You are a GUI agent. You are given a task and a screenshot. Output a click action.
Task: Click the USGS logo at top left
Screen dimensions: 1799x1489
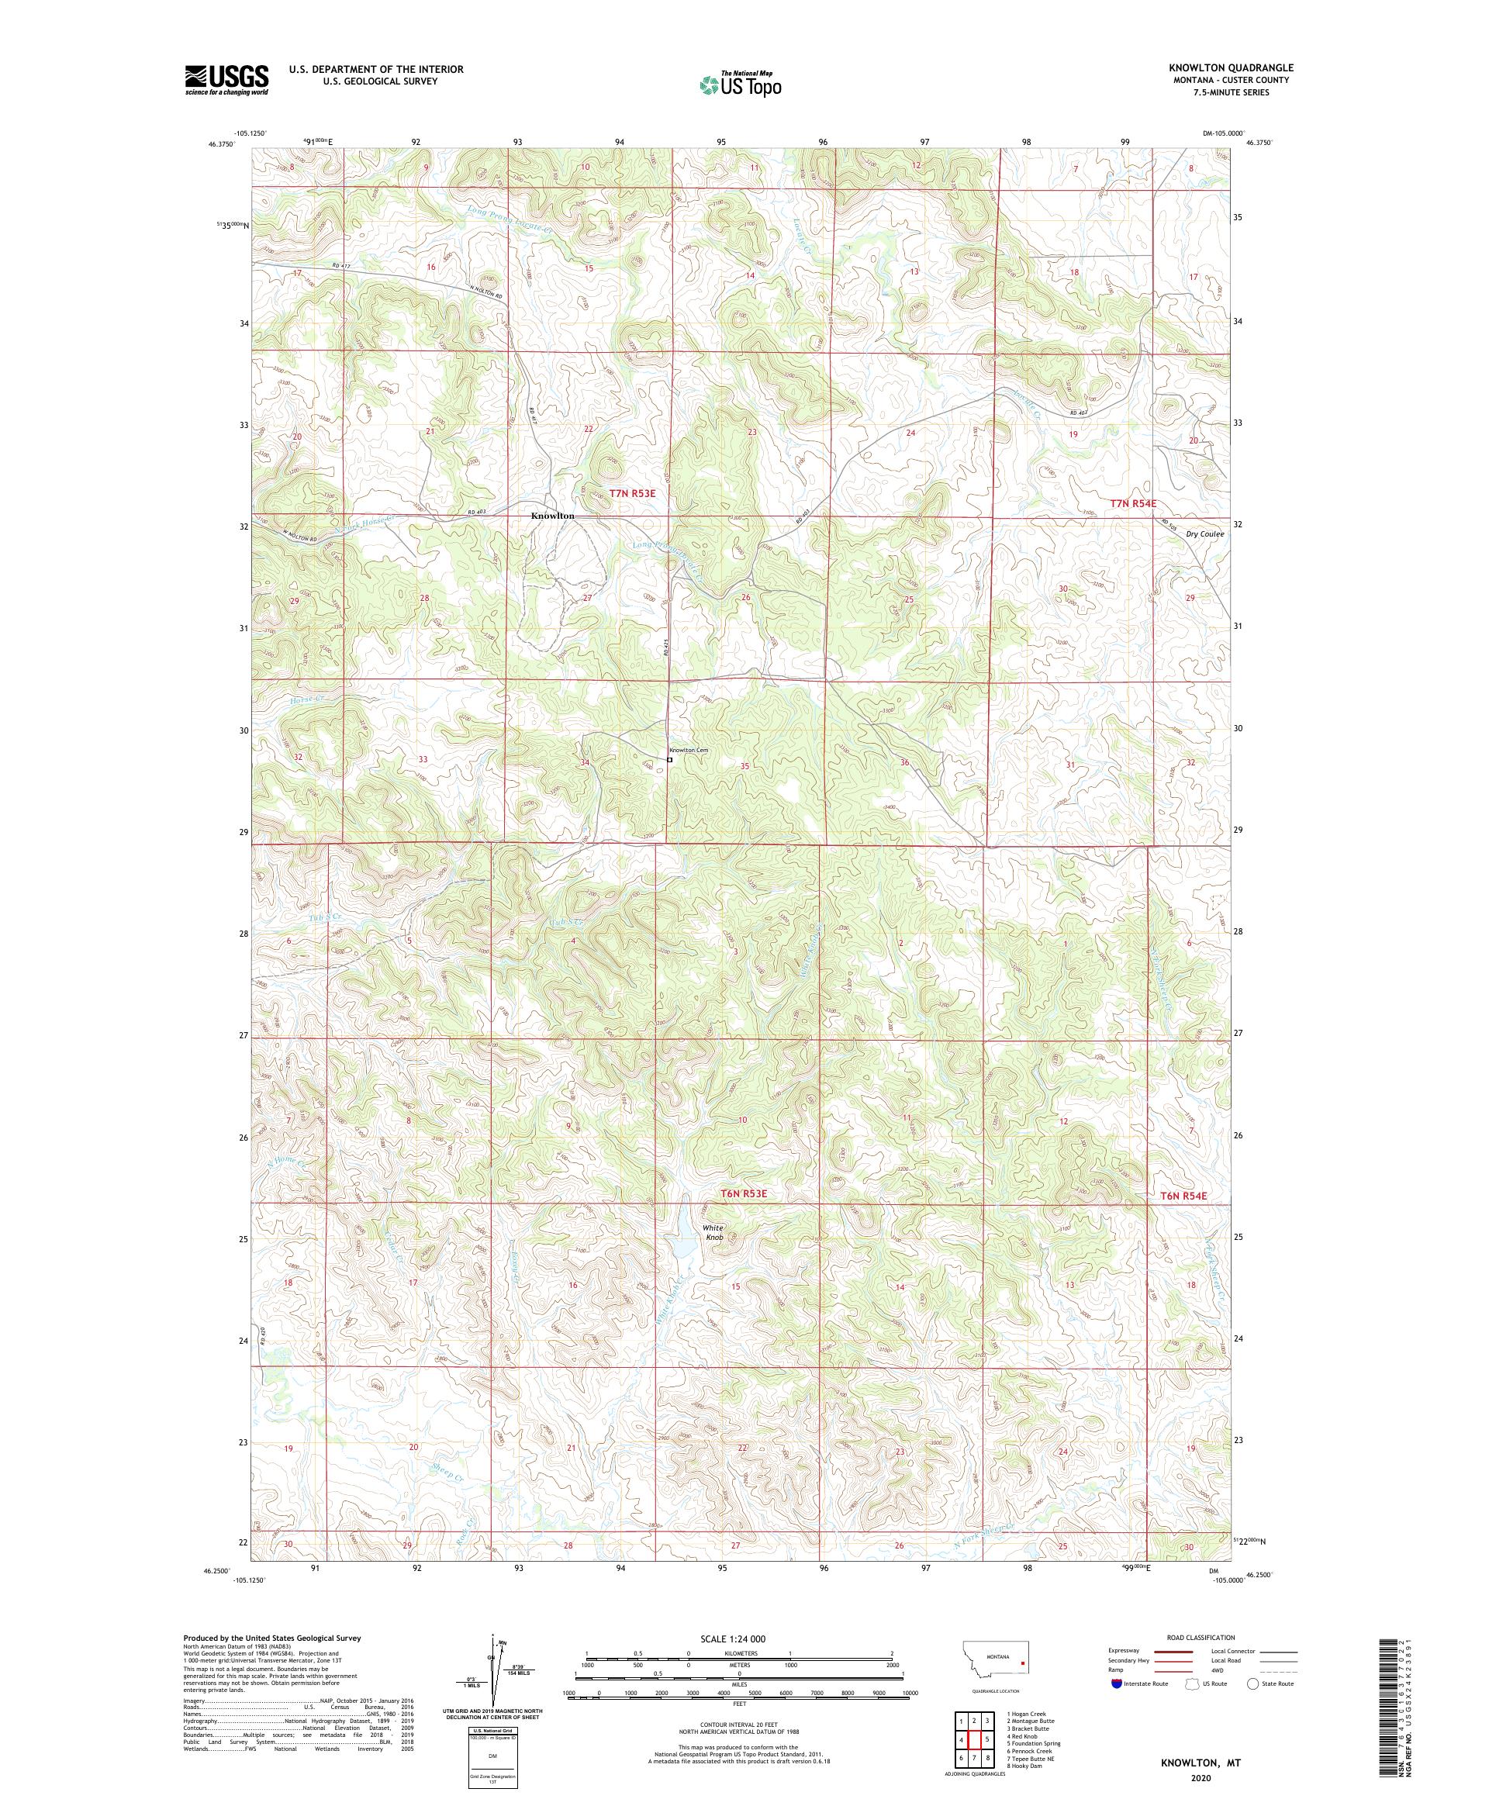pyautogui.click(x=226, y=81)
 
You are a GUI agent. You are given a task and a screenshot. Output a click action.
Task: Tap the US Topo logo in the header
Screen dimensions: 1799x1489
pyautogui.click(x=741, y=84)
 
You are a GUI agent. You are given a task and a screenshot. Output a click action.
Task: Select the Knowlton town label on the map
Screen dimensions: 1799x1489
pyautogui.click(x=553, y=516)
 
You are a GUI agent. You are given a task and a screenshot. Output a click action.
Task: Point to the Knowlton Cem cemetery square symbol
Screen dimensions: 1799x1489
pyautogui.click(x=670, y=759)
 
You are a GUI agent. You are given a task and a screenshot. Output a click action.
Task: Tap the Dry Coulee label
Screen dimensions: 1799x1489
pyautogui.click(x=1204, y=533)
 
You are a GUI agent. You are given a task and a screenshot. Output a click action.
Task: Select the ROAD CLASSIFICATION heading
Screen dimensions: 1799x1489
pyautogui.click(x=1204, y=1637)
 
